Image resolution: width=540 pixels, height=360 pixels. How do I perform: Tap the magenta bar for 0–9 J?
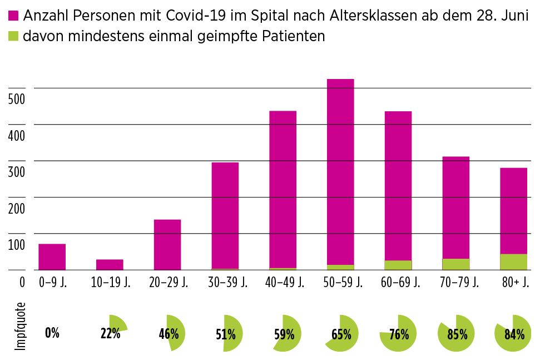52,257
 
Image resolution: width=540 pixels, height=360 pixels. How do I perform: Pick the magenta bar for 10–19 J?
110,264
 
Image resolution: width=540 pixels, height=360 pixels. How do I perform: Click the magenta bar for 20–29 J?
167,244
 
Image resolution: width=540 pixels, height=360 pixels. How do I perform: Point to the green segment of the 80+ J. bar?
513,262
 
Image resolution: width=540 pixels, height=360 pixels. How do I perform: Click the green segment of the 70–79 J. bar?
455,264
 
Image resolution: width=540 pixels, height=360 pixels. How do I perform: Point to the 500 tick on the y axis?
18,100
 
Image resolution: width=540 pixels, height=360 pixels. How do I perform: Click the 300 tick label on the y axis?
18,172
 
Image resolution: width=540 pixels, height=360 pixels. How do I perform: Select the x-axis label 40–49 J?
283,282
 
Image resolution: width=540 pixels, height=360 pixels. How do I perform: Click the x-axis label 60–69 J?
398,282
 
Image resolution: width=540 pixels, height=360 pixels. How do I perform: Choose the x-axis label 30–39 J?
225,282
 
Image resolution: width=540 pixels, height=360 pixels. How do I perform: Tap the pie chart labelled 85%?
455,334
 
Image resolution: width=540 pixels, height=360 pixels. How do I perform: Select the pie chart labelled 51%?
231,334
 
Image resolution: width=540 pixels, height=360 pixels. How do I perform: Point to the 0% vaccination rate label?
52,333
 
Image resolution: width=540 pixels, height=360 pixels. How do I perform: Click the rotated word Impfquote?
21,326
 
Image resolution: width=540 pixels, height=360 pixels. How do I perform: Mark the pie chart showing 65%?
341,334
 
